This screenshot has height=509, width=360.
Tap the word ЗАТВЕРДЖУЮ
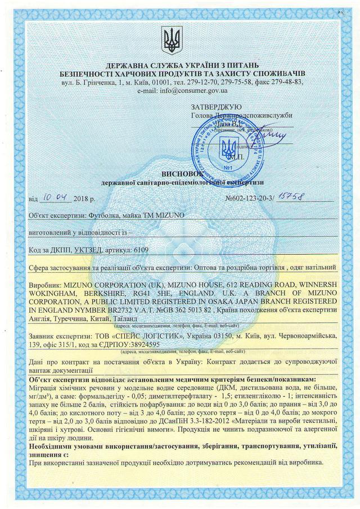(216, 106)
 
